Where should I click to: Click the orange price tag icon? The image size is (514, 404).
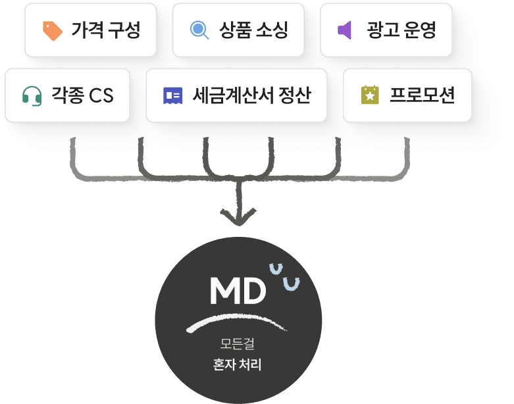pos(53,30)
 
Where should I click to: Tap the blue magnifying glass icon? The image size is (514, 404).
pos(199,30)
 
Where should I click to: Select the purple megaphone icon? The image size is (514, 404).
pos(345,30)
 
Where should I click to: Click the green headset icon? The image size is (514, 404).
pos(32,96)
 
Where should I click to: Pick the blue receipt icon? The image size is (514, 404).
pos(172,96)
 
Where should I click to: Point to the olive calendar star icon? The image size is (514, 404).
pos(371,96)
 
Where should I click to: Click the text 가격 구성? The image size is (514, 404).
pos(106,30)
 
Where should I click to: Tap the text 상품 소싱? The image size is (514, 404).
pos(253,30)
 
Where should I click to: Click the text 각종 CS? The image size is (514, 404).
pos(82,96)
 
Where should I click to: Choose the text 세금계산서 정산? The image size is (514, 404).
pos(251,96)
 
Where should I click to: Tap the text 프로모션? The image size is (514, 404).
pos(422,96)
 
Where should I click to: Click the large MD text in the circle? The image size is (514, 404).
pos(237,291)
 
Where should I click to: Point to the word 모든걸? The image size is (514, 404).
pos(238,343)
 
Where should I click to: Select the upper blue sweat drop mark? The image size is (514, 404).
pos(276,268)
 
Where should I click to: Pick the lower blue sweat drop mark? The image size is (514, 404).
pos(291,284)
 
